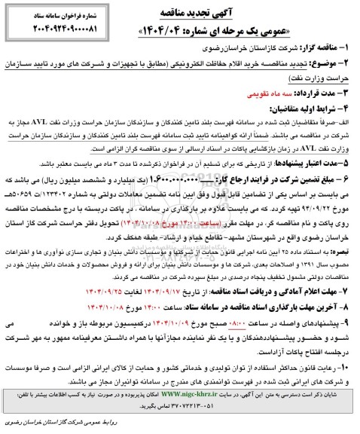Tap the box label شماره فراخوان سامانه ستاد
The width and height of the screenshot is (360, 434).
coord(53,14)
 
